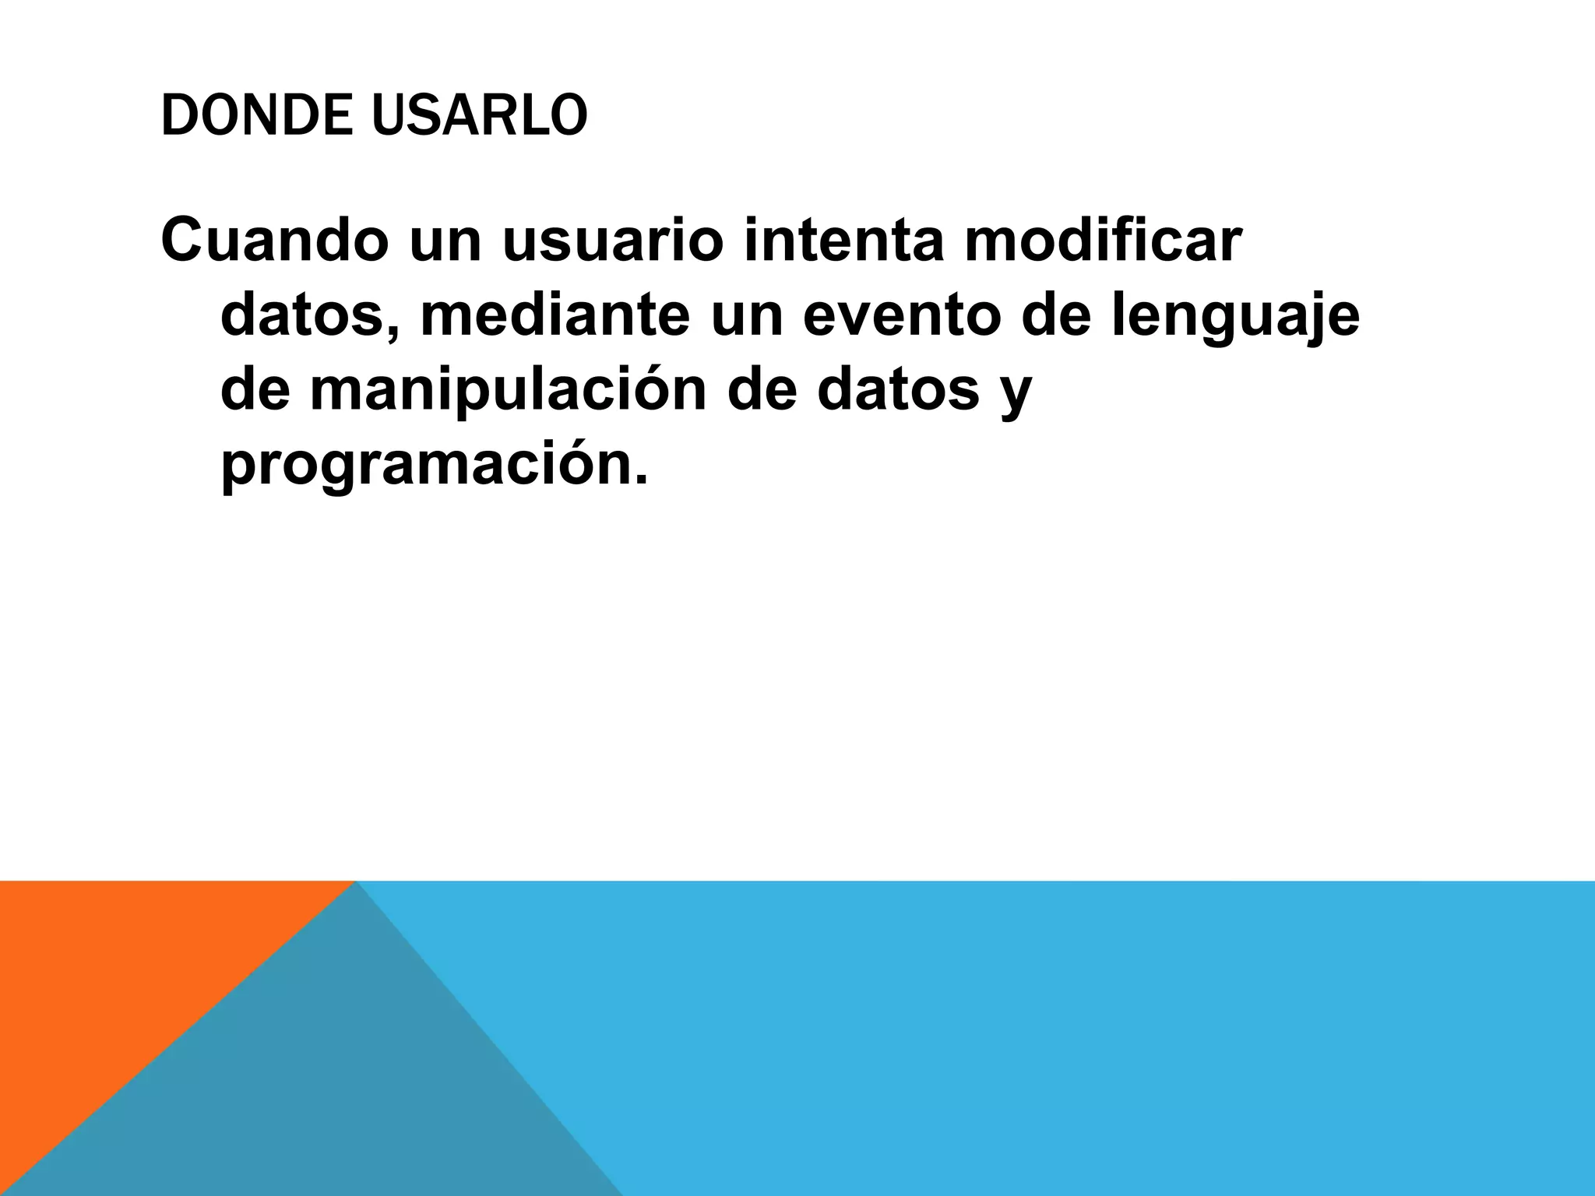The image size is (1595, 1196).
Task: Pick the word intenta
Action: (x=844, y=241)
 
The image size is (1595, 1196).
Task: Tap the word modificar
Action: (x=1103, y=241)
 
